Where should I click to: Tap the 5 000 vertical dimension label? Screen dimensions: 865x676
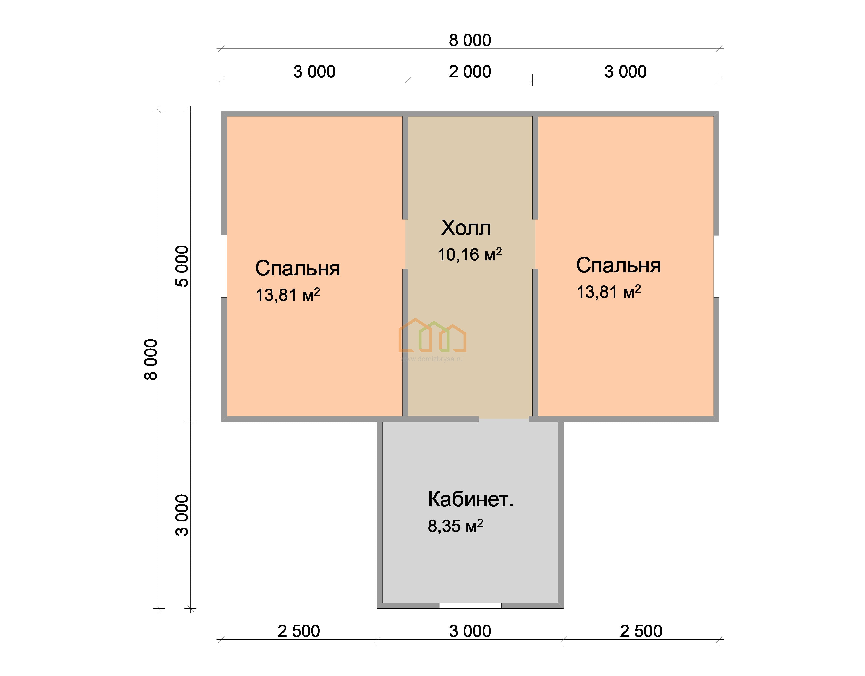(x=182, y=266)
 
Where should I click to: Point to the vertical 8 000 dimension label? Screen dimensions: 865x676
(x=151, y=359)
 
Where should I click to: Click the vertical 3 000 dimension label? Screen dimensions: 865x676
(x=182, y=515)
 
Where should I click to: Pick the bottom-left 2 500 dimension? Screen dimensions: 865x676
(x=299, y=631)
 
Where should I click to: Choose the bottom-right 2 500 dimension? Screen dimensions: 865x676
(x=641, y=631)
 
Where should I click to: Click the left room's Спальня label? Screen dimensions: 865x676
(x=297, y=268)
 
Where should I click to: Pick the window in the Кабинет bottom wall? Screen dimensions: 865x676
(x=470, y=606)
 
